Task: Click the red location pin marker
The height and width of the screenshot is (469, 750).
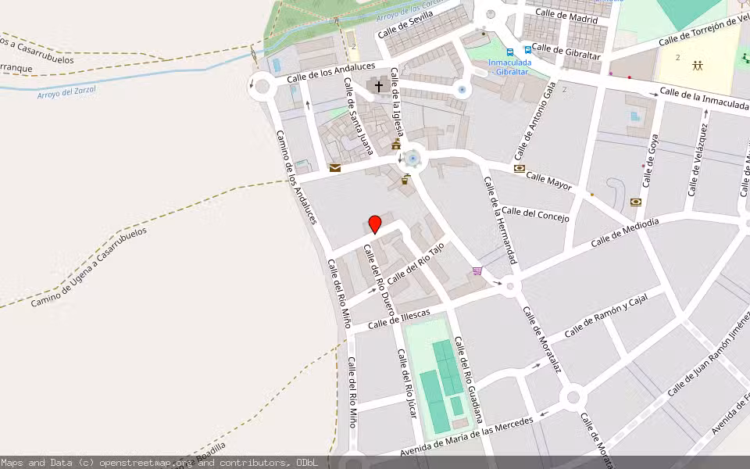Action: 375,224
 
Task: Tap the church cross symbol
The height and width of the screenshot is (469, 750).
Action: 380,86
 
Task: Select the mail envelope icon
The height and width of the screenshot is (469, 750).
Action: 335,167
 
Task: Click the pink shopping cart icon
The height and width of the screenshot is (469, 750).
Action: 477,271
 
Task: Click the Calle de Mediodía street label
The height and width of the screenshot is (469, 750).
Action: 625,233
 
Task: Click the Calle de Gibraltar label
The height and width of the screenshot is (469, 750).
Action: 566,52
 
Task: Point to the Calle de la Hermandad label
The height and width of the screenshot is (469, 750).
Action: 501,220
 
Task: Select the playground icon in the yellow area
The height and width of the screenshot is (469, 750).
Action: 697,65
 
